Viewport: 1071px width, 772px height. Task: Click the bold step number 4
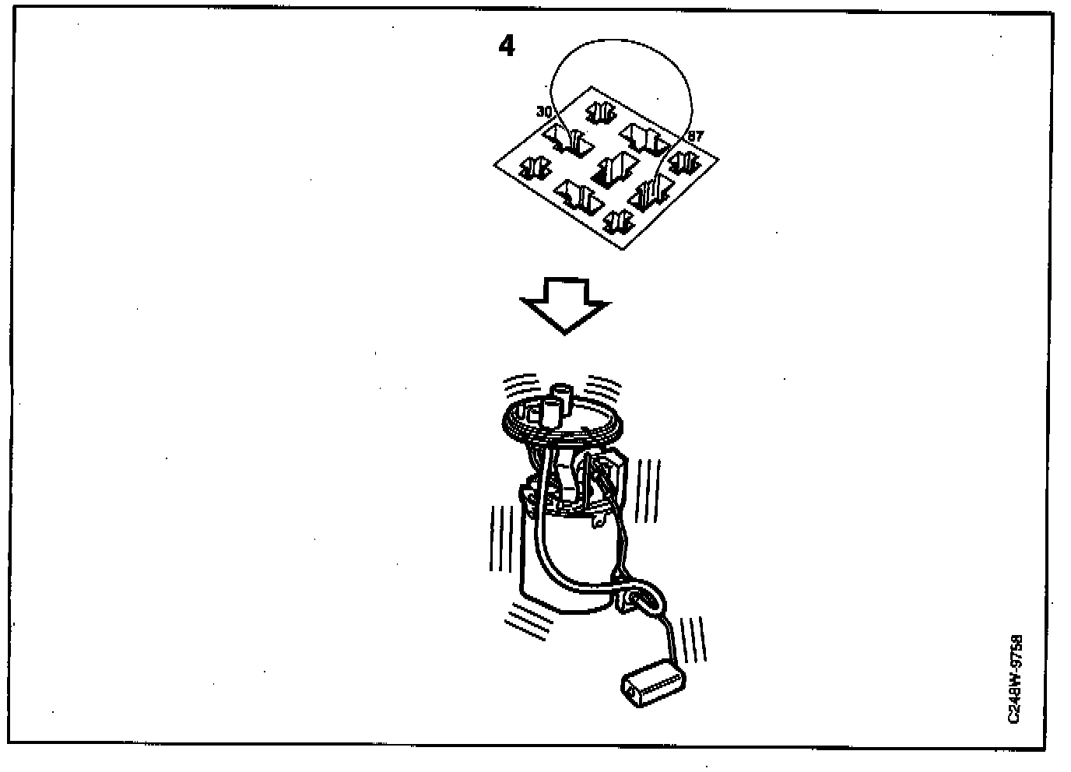[x=506, y=47]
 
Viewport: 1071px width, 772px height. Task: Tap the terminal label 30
[x=543, y=112]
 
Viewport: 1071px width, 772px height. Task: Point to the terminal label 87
[x=695, y=136]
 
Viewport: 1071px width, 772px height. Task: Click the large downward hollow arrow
[x=564, y=305]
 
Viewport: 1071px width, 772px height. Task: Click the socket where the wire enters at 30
[x=569, y=141]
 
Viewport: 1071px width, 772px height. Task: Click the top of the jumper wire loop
[x=619, y=42]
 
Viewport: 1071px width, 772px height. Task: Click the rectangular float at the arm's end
[x=654, y=683]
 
